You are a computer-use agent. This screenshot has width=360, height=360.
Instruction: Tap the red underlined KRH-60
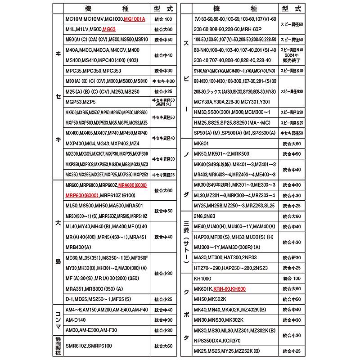(x=221, y=289)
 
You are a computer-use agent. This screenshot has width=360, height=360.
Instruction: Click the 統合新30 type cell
(x=292, y=257)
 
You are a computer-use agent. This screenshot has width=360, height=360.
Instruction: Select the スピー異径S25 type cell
(x=292, y=122)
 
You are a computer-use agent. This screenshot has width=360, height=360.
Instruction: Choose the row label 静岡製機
(x=58, y=346)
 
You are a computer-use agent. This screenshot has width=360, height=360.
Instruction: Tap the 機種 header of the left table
(x=106, y=9)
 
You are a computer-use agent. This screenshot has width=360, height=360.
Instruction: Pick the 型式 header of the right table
(x=292, y=9)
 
